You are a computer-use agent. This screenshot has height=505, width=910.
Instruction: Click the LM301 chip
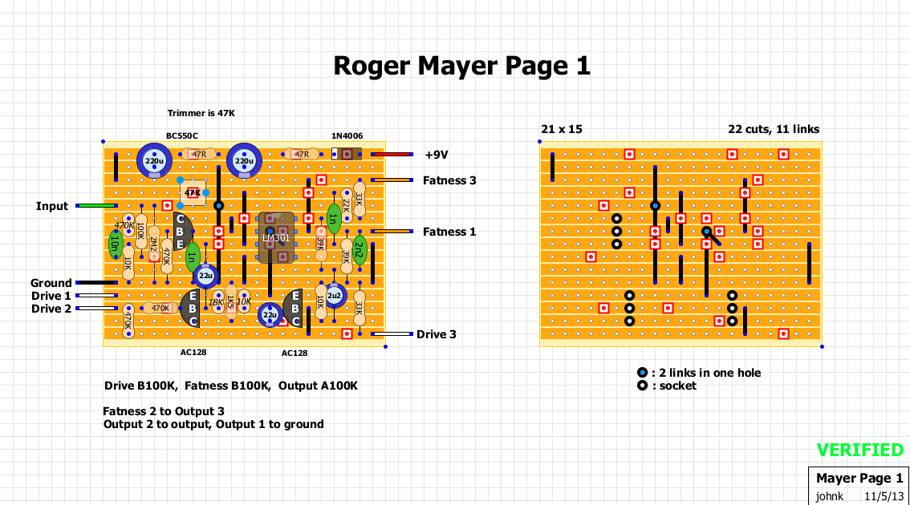(275, 237)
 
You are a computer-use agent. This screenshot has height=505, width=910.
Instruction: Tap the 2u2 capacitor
(335, 295)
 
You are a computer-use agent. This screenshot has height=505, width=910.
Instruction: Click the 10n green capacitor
(115, 244)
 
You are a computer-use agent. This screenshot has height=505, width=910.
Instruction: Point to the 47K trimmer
(193, 193)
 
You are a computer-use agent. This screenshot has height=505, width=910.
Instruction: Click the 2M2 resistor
(153, 244)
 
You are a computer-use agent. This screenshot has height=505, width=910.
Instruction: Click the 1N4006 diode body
(345, 154)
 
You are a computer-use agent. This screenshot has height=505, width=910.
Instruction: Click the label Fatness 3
(449, 180)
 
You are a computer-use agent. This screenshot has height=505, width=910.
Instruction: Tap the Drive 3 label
(436, 334)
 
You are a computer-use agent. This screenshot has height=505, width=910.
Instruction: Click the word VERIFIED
(859, 450)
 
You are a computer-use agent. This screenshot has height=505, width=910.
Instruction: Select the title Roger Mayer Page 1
(461, 66)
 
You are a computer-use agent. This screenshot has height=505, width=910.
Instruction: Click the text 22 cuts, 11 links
(774, 129)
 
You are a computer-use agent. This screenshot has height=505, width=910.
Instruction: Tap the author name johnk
(830, 496)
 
